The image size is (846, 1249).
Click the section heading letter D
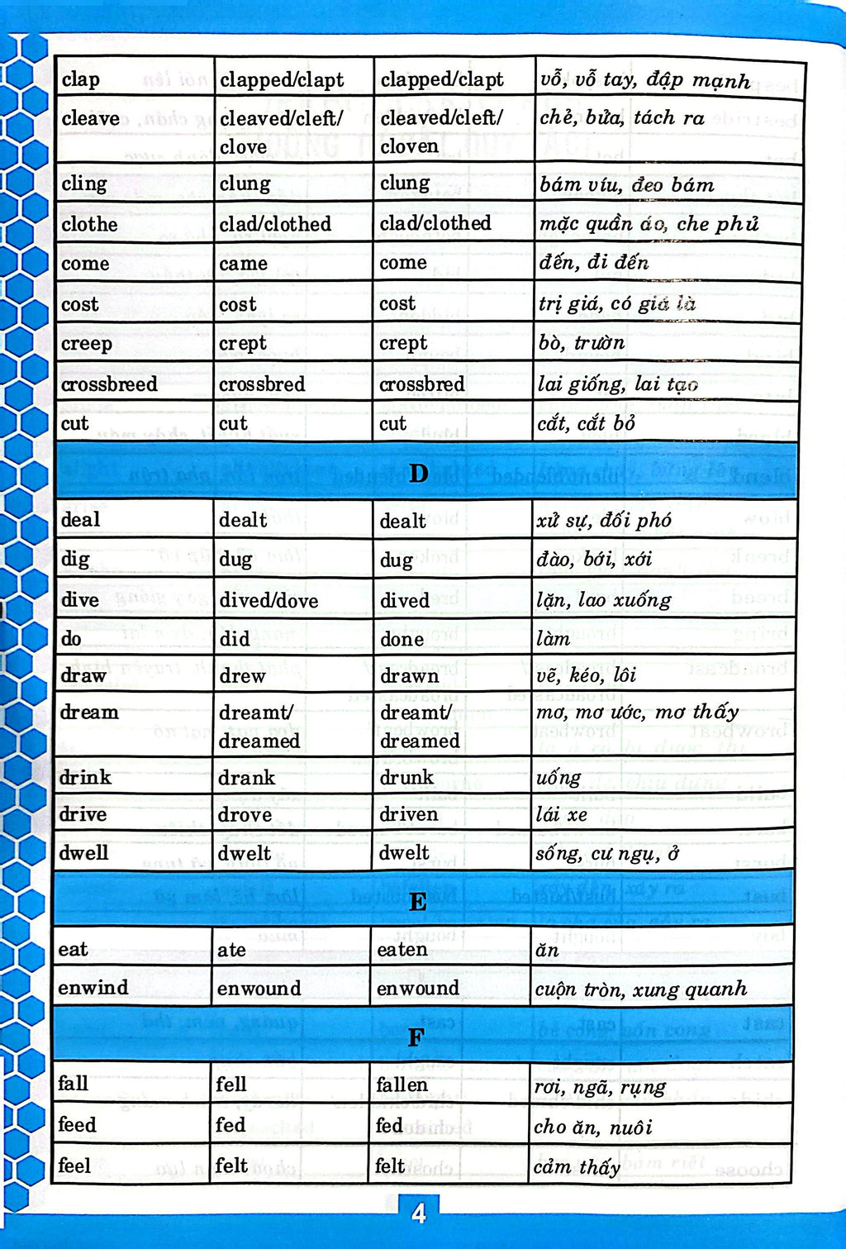click(419, 473)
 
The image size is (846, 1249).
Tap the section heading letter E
click(418, 902)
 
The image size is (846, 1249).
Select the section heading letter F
click(416, 1037)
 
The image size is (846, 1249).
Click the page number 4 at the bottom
click(419, 1213)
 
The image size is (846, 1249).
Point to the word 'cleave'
click(90, 119)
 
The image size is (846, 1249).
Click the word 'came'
click(243, 264)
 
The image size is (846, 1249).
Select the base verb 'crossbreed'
click(109, 384)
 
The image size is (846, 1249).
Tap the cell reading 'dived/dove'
click(269, 601)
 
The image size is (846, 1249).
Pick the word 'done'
click(402, 639)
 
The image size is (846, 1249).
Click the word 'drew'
click(242, 676)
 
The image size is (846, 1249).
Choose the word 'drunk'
click(406, 778)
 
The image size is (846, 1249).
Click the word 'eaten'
click(402, 950)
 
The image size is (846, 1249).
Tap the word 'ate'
click(231, 951)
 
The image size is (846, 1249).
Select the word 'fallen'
click(402, 1085)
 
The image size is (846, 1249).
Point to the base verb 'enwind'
click(93, 988)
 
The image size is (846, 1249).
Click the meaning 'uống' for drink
click(558, 778)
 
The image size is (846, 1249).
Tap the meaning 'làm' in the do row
click(553, 639)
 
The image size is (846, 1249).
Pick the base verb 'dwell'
click(83, 853)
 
